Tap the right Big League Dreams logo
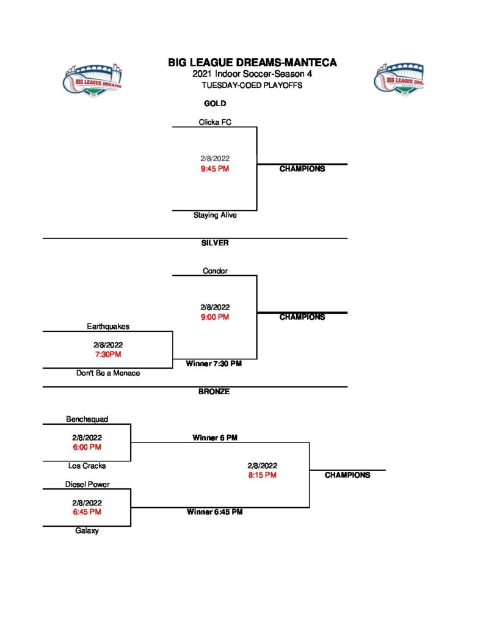point(399,78)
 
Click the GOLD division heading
point(215,104)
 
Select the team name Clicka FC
point(215,122)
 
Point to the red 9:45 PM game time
point(215,168)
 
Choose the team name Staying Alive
point(215,215)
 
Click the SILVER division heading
point(215,243)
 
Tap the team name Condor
point(215,271)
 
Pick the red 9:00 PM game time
point(215,317)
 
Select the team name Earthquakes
point(108,327)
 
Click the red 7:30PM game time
point(108,354)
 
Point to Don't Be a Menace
point(108,373)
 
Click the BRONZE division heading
point(214,392)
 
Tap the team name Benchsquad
point(87,419)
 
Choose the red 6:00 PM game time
point(87,447)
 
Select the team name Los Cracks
point(87,466)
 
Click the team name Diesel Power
point(87,485)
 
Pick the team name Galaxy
point(87,531)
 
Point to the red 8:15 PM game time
point(263,475)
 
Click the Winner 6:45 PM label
point(214,512)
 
